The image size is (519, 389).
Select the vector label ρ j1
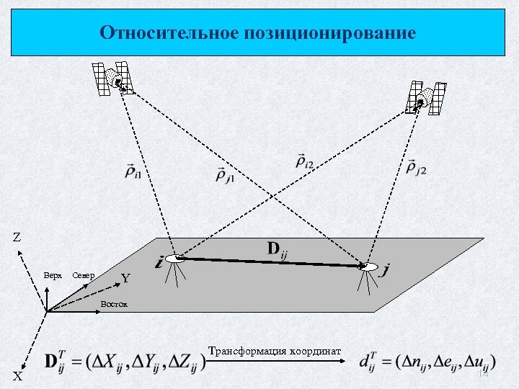point(224,174)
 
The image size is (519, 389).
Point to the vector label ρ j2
point(416,169)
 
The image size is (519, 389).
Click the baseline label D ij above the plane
point(278,250)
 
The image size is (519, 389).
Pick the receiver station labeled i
point(174,259)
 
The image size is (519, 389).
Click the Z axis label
point(17,237)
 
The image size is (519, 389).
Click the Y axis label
point(125,278)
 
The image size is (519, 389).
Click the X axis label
point(17,376)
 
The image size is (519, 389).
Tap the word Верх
point(52,276)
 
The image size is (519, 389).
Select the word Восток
point(114,303)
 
